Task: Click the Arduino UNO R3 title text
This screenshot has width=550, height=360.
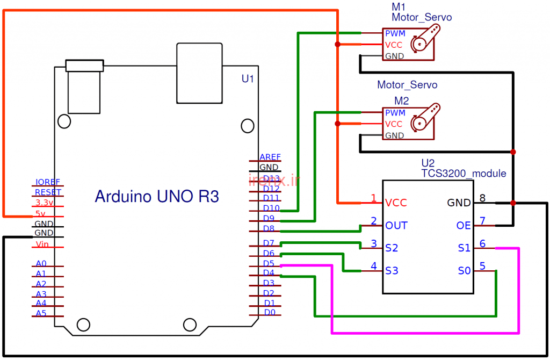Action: [x=157, y=196]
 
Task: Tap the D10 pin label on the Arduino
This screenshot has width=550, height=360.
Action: [x=271, y=208]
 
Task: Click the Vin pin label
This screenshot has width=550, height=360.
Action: [x=42, y=244]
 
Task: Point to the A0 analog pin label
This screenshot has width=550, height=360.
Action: [x=41, y=264]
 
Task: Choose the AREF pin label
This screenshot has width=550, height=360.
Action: [x=270, y=157]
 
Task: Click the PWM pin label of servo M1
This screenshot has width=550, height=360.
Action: [x=395, y=34]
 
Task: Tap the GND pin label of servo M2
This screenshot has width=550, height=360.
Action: [x=394, y=135]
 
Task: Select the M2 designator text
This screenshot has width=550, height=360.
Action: [x=402, y=101]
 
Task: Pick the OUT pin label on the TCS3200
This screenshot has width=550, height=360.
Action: [x=396, y=226]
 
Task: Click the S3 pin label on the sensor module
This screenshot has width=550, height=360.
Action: [x=392, y=271]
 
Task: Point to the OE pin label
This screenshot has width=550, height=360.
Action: [x=464, y=226]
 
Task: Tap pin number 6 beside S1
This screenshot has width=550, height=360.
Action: [x=482, y=244]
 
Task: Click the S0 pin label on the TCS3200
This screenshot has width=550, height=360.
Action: [x=465, y=271]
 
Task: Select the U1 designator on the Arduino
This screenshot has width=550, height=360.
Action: [x=248, y=79]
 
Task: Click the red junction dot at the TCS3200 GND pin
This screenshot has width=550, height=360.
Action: [x=513, y=203]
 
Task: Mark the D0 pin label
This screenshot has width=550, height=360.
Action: [x=270, y=312]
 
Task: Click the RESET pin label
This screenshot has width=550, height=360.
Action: [x=48, y=192]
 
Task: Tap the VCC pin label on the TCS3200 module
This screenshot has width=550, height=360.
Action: [x=396, y=203]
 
